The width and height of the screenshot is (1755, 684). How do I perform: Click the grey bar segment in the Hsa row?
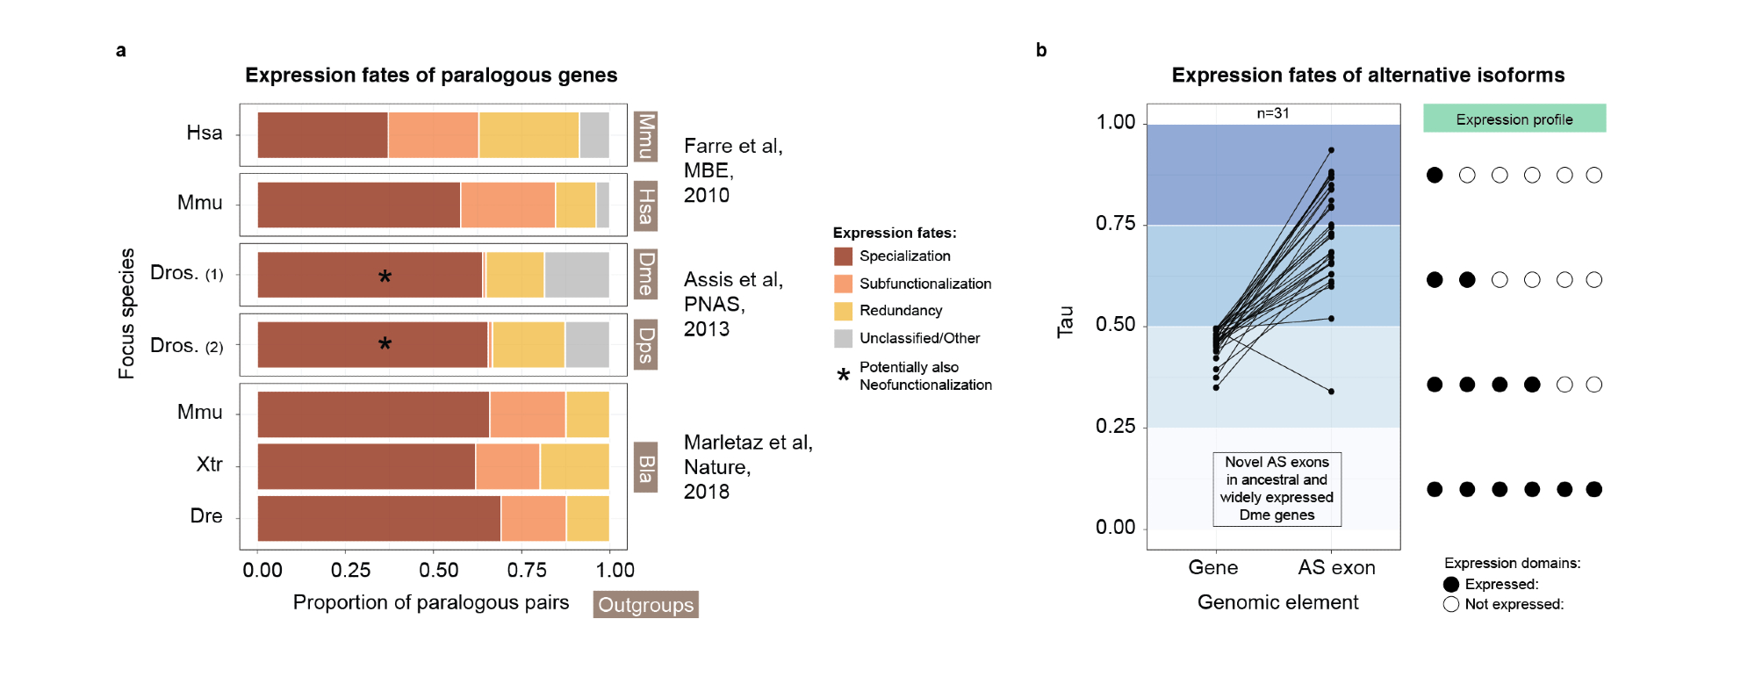tap(594, 135)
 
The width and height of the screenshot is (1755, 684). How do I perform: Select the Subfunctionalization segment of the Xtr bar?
tap(507, 466)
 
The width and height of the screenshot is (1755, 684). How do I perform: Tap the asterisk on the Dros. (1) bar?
tap(385, 277)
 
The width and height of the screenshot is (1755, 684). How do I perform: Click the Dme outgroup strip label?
tap(646, 274)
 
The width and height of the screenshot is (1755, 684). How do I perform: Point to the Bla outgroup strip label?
tap(646, 467)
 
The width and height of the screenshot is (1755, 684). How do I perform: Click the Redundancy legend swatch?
tap(843, 311)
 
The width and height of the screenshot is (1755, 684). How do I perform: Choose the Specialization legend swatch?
tap(843, 256)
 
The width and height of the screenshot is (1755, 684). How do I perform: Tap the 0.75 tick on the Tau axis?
tap(1115, 224)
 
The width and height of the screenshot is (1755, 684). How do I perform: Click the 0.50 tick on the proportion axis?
tap(438, 570)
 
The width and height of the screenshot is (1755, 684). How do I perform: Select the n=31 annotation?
tap(1272, 113)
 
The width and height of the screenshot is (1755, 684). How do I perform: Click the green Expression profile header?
tap(1514, 119)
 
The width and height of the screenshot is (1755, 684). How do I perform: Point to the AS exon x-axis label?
tap(1336, 568)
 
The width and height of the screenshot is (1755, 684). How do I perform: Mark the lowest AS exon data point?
tap(1331, 392)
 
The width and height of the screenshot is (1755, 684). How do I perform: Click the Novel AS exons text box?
tap(1277, 488)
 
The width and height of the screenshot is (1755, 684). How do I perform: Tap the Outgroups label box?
tap(645, 604)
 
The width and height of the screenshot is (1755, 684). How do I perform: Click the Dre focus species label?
tap(206, 516)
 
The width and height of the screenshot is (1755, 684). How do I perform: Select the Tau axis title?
tap(1065, 322)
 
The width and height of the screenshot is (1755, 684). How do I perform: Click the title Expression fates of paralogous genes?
tap(431, 76)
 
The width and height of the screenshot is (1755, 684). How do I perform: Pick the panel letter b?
tap(1041, 50)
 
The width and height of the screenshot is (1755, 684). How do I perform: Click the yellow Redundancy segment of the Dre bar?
tap(587, 518)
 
